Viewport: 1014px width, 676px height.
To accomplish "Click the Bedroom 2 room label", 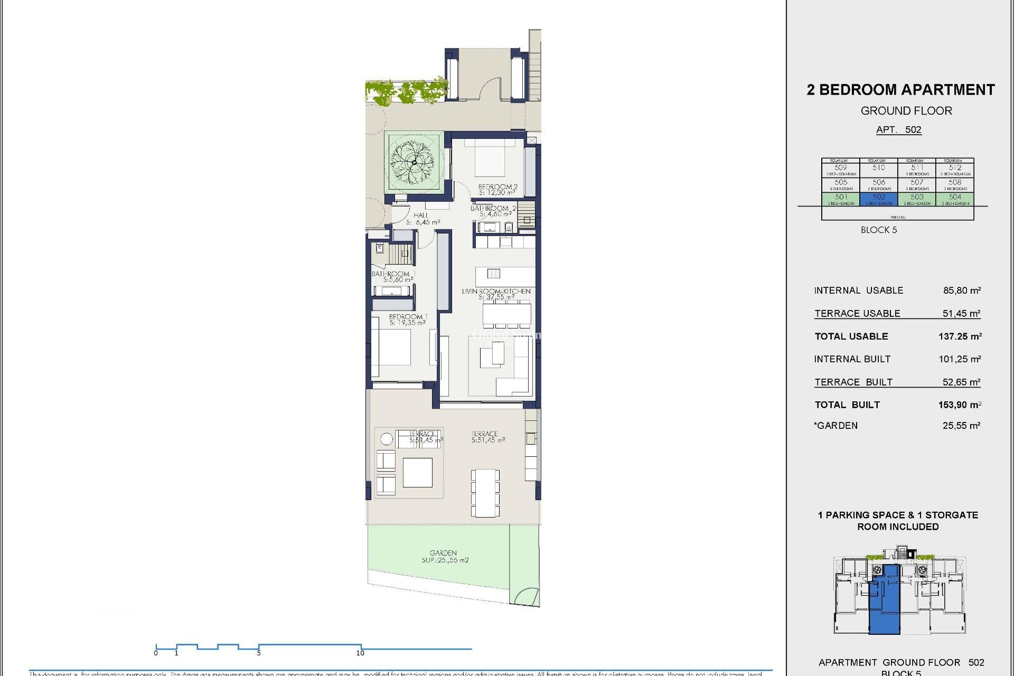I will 497,190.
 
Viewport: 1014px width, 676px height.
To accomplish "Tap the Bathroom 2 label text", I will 493,211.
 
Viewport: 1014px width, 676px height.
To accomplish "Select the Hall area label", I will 422,219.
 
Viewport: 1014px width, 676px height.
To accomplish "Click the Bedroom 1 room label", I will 408,320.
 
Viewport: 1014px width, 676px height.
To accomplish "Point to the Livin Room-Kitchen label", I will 496,294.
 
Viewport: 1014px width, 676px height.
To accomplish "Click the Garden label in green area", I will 445,556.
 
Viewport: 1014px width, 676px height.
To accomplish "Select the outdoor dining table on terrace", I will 485,493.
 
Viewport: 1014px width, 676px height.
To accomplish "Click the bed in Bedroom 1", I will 392,347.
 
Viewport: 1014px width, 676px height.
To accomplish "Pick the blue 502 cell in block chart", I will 879,199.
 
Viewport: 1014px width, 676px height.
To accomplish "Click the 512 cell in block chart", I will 954,170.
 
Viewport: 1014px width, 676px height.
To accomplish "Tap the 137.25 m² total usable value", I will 960,336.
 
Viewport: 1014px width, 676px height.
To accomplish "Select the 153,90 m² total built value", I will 960,405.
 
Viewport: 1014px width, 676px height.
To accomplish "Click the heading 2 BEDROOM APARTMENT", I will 900,90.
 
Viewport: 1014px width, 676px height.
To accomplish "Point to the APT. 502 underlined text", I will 898,130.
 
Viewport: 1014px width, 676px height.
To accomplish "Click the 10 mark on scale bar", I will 360,653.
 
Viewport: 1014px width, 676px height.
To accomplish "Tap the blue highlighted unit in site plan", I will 885,602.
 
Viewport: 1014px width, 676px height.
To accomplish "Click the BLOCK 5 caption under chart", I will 878,230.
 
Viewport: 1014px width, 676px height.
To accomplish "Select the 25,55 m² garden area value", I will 961,426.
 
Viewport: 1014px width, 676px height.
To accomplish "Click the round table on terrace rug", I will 387,439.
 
